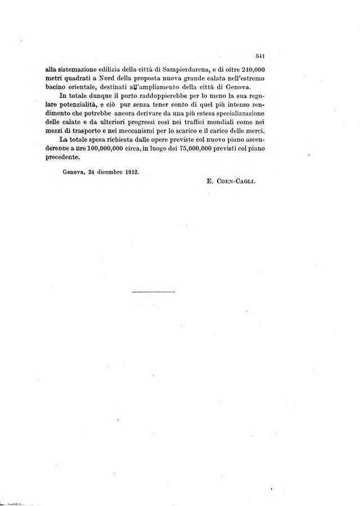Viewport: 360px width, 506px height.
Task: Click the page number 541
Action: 259,55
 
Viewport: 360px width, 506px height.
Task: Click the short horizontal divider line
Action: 154,291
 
